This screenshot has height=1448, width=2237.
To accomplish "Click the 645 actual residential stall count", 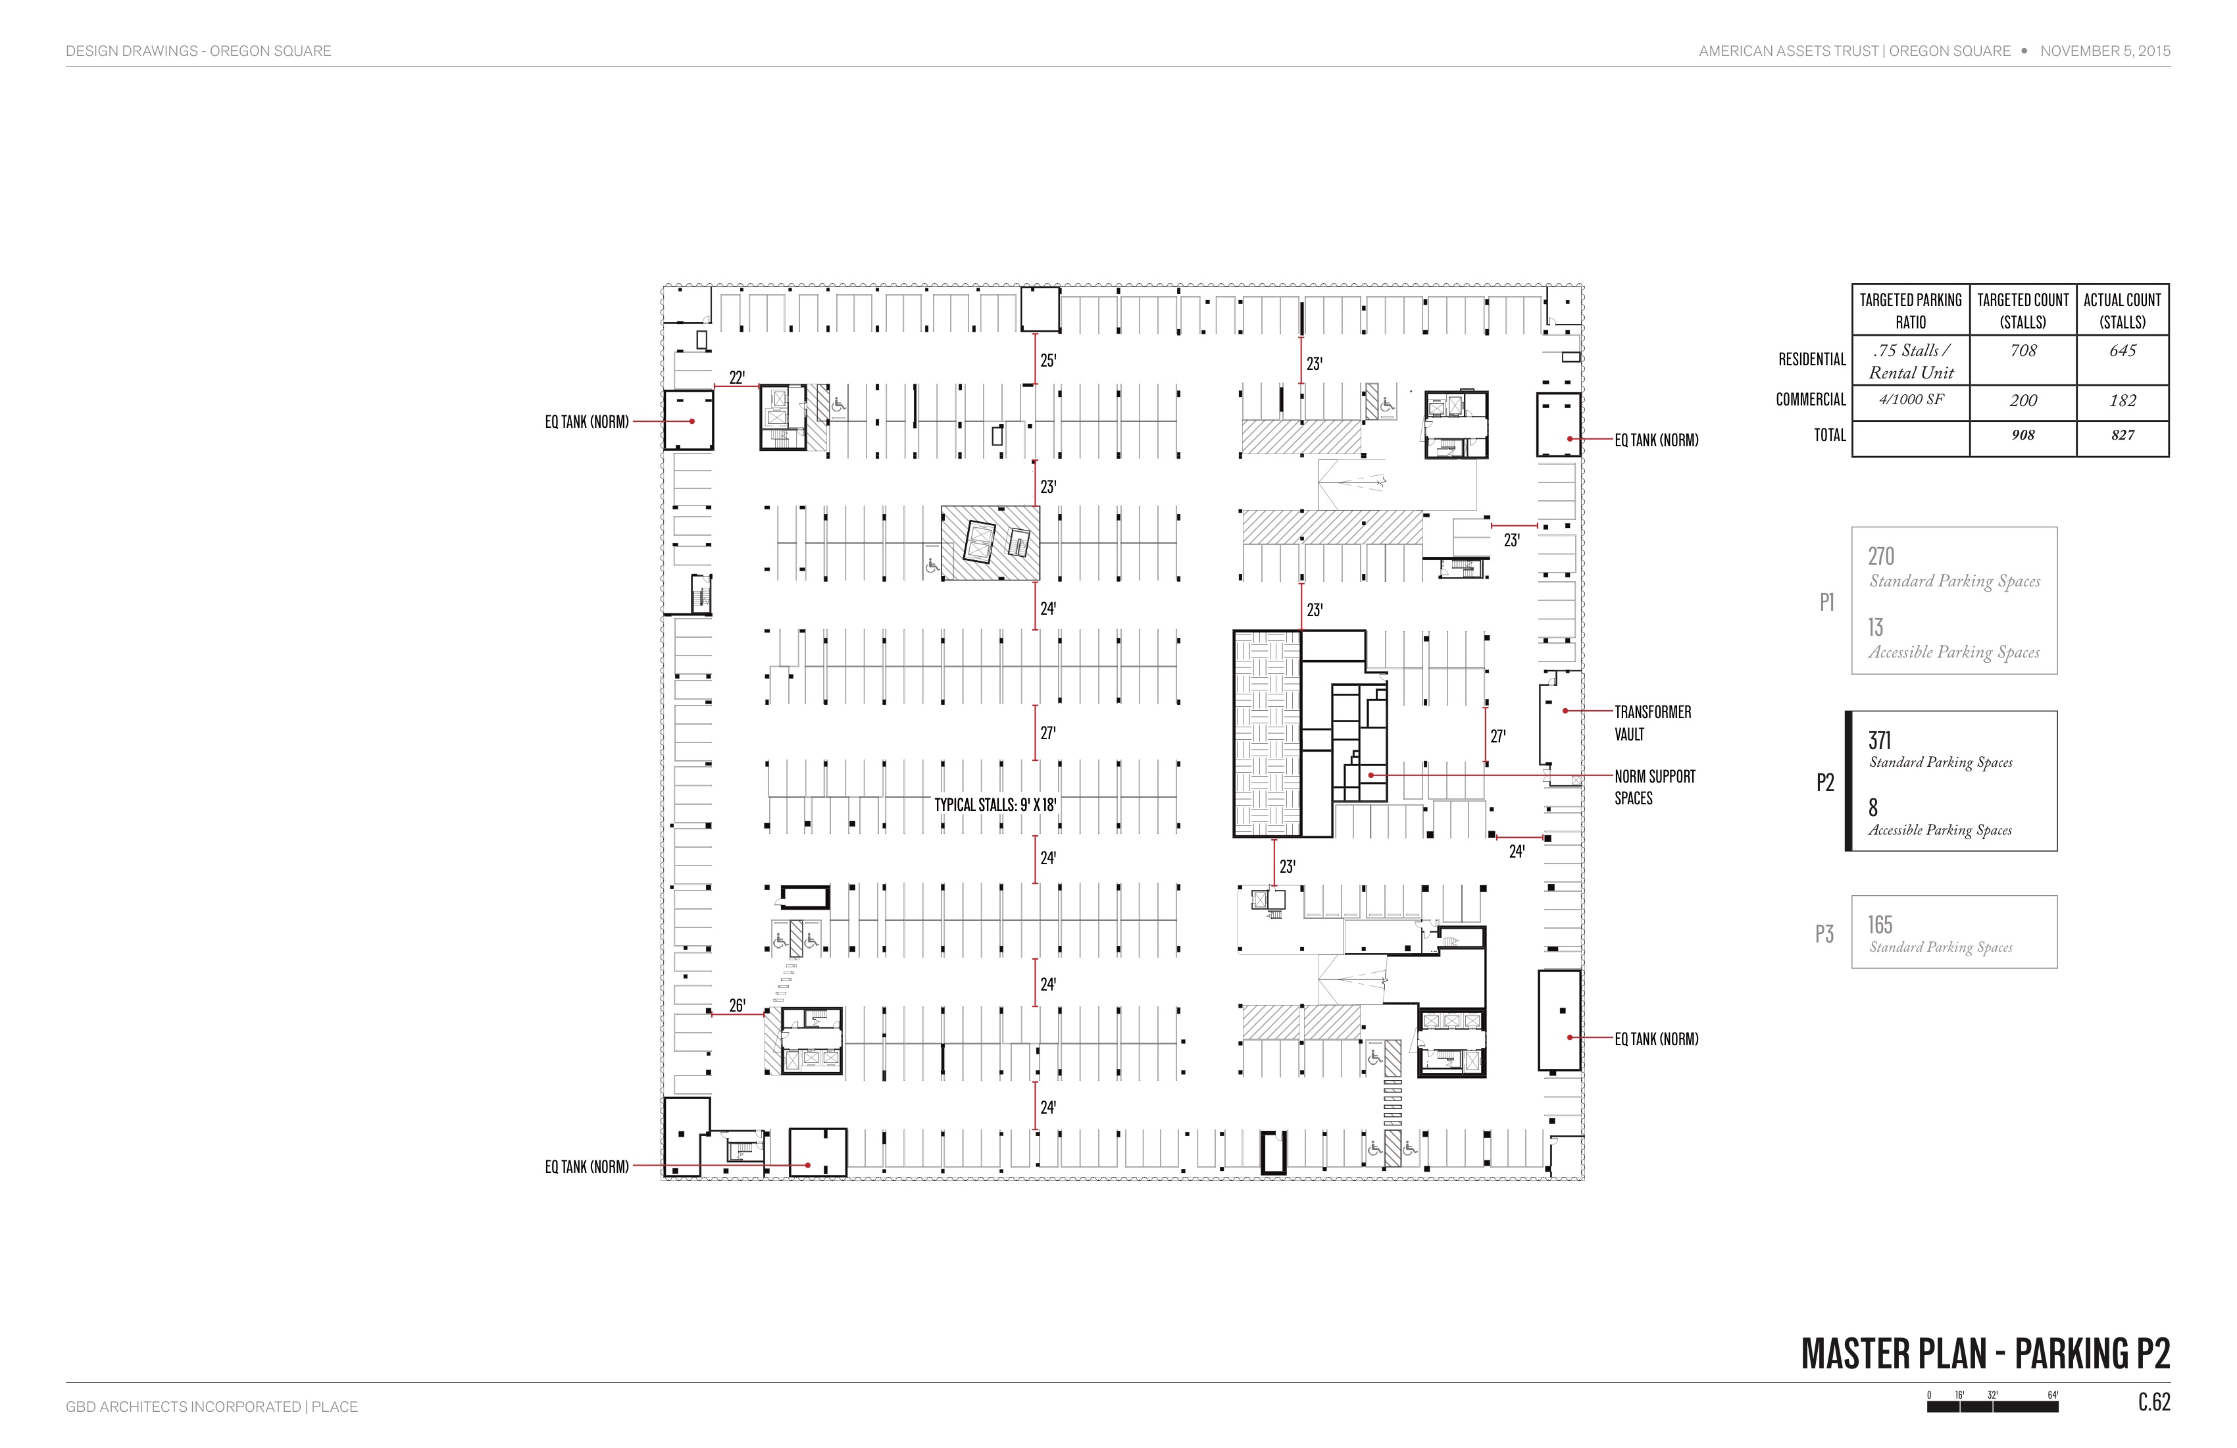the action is [x=2123, y=351].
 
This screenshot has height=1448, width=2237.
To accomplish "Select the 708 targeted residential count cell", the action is [x=2023, y=351].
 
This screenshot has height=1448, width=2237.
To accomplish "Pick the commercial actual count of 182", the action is [x=2123, y=401].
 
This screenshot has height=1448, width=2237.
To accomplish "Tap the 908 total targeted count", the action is [x=2023, y=435].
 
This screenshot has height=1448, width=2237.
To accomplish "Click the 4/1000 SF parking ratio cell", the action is [x=1911, y=400].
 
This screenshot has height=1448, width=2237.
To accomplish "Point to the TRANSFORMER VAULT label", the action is [x=1652, y=723].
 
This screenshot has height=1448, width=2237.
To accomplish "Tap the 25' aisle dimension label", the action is [x=1048, y=360].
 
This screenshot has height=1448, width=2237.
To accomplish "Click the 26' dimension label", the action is [x=737, y=1005].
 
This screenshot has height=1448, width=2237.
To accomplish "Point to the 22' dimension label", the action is [x=737, y=378].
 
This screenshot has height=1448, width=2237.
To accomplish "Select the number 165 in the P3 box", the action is [x=1880, y=924].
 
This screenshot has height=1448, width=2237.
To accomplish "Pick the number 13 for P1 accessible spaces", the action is [x=1875, y=627].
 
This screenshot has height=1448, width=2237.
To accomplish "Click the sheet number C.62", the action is [x=2154, y=1402].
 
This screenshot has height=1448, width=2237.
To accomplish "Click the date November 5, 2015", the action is [x=2105, y=51].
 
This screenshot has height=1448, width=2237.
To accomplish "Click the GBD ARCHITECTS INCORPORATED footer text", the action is [x=184, y=1407].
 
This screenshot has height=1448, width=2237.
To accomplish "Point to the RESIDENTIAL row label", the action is [x=1812, y=359].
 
